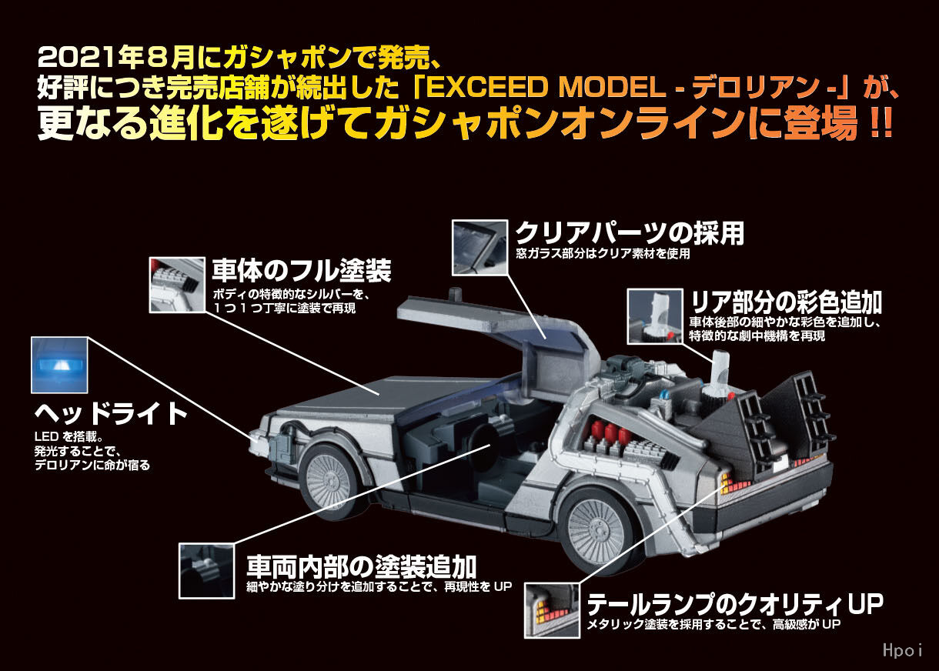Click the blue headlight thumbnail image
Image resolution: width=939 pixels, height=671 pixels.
(59, 365)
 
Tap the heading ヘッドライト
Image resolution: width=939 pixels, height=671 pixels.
(111, 414)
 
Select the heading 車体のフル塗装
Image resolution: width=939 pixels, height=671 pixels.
(302, 270)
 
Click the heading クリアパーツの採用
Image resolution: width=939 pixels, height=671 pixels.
(630, 233)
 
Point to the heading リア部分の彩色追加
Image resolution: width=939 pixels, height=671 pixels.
(787, 302)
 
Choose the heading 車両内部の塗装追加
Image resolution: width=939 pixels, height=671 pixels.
(361, 566)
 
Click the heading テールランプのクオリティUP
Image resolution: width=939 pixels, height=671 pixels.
(735, 604)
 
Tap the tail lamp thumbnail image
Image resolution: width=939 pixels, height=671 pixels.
(552, 610)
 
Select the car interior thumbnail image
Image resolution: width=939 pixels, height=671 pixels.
(207, 571)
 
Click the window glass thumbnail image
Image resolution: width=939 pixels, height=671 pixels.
(480, 247)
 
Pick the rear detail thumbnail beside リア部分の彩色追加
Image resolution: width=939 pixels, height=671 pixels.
(655, 316)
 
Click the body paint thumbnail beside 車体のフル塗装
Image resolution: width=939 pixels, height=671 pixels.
(177, 285)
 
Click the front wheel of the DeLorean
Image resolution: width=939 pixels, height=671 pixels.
(327, 482)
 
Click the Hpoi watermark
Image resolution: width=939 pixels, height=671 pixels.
(903, 650)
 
